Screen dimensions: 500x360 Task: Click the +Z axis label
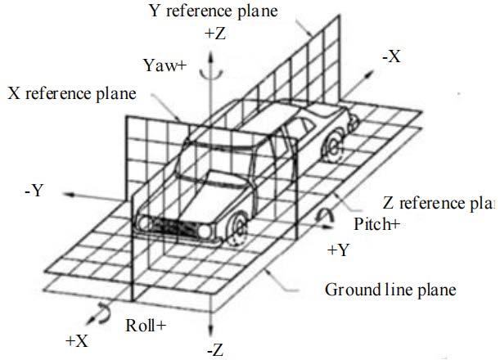click(215, 34)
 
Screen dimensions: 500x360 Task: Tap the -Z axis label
click(215, 350)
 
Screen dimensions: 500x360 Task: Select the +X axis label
click(77, 341)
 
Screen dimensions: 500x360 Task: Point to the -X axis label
click(392, 56)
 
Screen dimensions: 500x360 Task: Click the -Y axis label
click(34, 191)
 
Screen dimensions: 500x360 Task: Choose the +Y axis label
click(338, 250)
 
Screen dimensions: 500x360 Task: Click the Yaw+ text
click(164, 65)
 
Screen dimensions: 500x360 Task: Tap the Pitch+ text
click(376, 223)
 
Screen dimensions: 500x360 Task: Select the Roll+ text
click(146, 326)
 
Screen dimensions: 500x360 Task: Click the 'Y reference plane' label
click(214, 11)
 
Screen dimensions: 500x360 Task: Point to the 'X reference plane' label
click(72, 94)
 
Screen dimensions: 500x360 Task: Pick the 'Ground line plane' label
click(390, 290)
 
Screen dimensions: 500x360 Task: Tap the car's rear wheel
click(332, 148)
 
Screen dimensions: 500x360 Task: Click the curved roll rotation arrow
click(104, 311)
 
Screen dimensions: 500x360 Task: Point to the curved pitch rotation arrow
click(325, 214)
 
